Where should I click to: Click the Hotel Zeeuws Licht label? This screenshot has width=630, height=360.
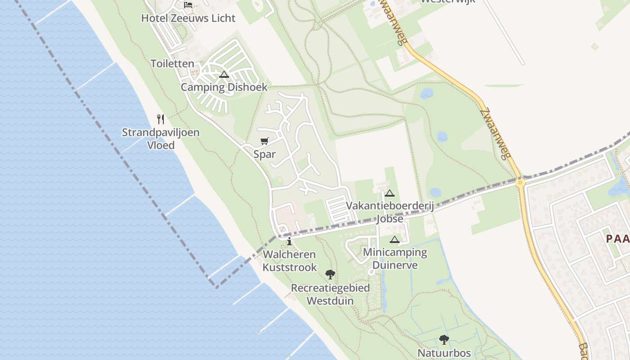[x=188, y=18]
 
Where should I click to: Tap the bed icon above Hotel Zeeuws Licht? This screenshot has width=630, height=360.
[x=188, y=5]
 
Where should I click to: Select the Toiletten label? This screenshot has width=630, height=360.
[x=172, y=64]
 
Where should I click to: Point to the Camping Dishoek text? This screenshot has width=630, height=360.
[x=224, y=87]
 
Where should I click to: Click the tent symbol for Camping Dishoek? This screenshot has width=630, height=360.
[x=224, y=74]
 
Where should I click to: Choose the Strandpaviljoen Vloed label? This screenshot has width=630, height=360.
[x=161, y=139]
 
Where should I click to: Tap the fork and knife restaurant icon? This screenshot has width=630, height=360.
[x=161, y=119]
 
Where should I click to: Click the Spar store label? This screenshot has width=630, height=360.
[x=265, y=154]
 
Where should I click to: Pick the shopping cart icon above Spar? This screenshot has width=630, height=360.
[x=265, y=141]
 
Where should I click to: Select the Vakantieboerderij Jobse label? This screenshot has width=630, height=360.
[x=390, y=212]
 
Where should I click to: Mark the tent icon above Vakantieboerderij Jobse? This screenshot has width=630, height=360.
[x=390, y=193]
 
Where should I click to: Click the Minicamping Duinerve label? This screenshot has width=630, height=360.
[x=395, y=259]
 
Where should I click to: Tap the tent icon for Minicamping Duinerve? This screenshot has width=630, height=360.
[x=395, y=240]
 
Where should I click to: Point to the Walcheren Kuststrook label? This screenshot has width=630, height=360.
[x=289, y=261]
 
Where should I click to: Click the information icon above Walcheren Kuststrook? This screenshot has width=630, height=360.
[x=289, y=241]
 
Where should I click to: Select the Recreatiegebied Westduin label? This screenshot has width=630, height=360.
[x=330, y=294]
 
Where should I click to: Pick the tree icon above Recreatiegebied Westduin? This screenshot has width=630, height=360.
[x=330, y=274]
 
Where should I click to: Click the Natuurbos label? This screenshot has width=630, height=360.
[x=444, y=353]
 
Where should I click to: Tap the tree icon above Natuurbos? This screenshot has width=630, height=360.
[x=444, y=340]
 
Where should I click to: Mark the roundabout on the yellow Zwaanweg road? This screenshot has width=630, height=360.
[x=520, y=183]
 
